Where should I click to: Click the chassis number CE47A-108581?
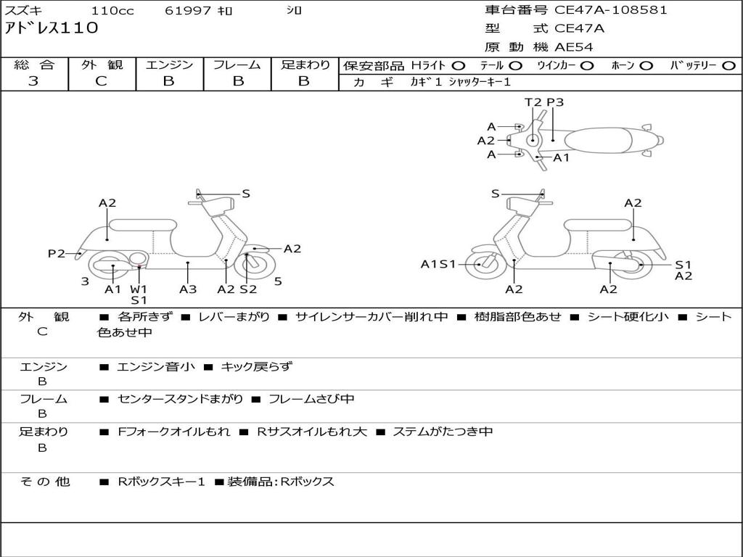(x=610, y=10)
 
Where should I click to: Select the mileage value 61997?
(x=188, y=11)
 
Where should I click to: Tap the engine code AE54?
(x=574, y=48)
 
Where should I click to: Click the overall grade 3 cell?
(x=33, y=81)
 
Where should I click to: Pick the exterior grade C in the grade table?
(x=102, y=81)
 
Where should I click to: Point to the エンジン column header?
(x=169, y=65)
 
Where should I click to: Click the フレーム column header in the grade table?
(x=237, y=65)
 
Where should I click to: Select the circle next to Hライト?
(x=459, y=65)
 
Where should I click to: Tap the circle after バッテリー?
(x=728, y=65)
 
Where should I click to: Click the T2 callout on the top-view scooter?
(x=533, y=102)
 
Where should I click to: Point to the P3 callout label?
(x=555, y=102)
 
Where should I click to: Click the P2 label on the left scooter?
(x=57, y=253)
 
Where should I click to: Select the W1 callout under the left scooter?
(x=139, y=289)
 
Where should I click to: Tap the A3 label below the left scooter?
(x=188, y=289)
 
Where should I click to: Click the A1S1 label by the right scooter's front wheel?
(x=438, y=264)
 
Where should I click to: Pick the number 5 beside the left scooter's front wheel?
(x=278, y=281)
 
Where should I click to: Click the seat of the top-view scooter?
(x=599, y=139)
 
